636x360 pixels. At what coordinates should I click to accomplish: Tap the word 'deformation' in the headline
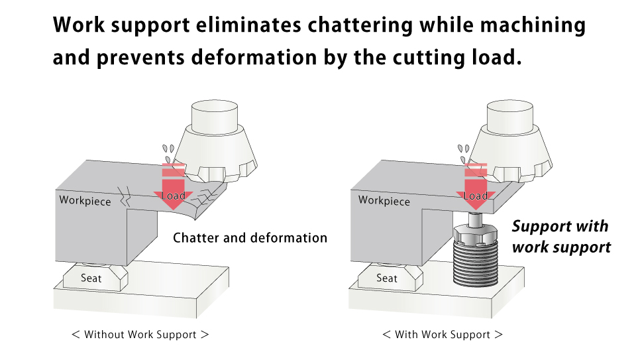pos(254,57)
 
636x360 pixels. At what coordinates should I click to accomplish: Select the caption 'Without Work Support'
pos(140,334)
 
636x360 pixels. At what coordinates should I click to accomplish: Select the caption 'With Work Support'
pos(443,334)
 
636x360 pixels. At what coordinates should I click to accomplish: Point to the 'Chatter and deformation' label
pos(250,237)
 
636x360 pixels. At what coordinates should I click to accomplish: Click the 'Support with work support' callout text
pos(561,236)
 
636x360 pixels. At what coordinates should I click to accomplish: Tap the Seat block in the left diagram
pos(95,277)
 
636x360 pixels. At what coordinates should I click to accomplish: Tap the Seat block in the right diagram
pos(390,277)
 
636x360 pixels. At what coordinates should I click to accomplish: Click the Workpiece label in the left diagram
pos(85,200)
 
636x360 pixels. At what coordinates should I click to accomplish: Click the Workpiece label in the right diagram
pos(384,200)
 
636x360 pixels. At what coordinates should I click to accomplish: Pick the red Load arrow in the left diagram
pos(174,188)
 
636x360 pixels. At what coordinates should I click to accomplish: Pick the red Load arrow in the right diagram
pos(476,188)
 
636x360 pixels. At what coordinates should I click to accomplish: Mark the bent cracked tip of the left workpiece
pos(205,201)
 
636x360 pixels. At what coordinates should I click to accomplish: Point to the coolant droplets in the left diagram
pos(168,153)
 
